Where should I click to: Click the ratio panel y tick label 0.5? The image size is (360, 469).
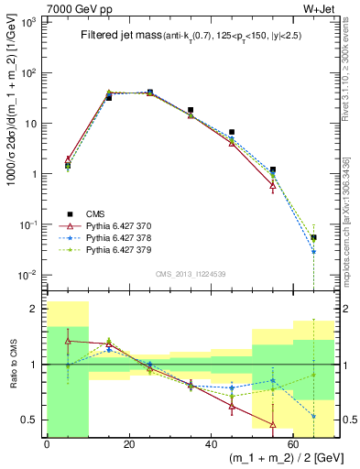pyautogui.click(x=31, y=420)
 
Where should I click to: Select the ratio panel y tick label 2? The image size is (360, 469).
pyautogui.click(x=37, y=309)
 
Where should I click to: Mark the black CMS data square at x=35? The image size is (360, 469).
pyautogui.click(x=191, y=110)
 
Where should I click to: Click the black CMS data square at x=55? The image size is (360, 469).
pyautogui.click(x=273, y=169)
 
